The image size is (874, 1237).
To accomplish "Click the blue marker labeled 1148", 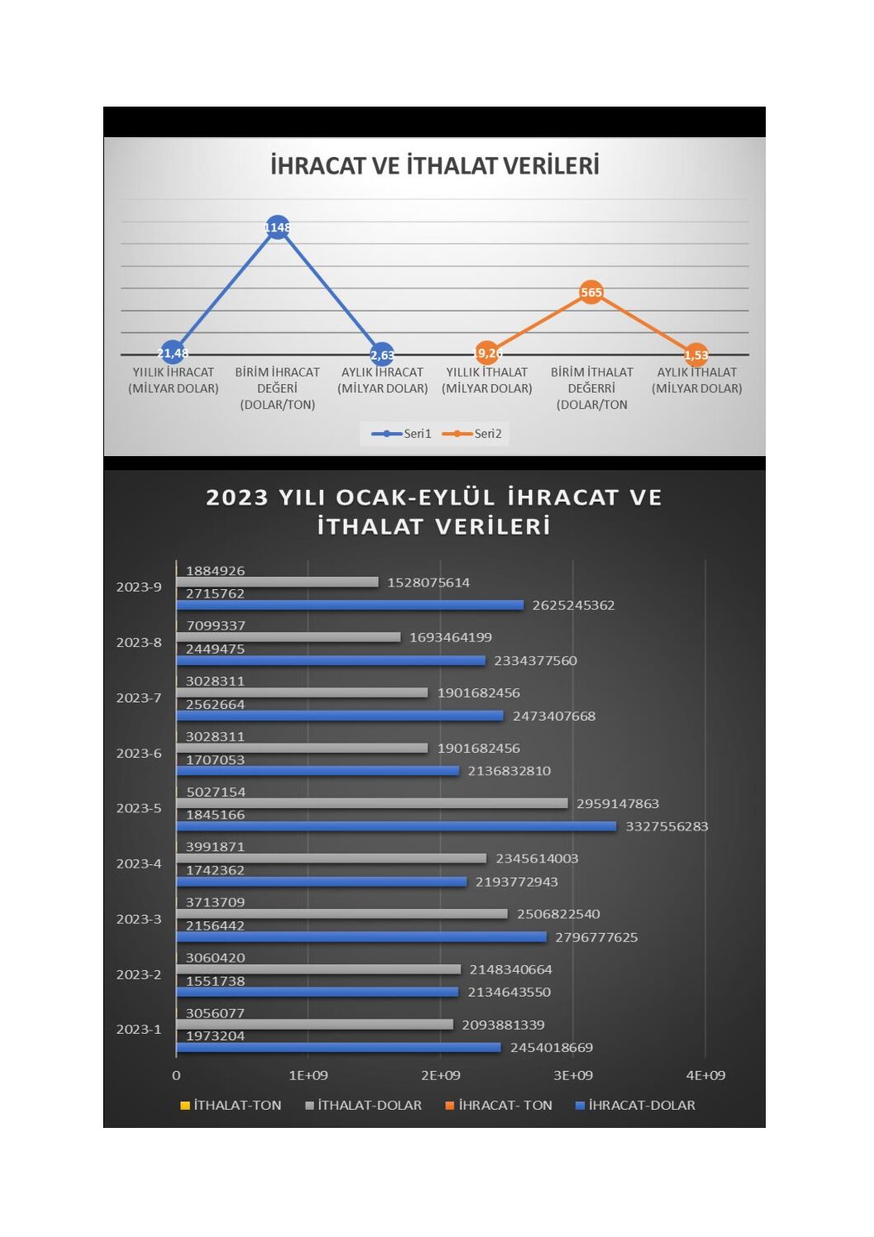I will [x=278, y=227].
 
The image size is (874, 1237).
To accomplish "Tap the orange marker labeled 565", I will [x=591, y=292].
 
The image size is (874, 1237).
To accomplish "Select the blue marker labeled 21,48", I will [x=173, y=353].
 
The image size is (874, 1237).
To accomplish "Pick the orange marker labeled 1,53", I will [x=696, y=355].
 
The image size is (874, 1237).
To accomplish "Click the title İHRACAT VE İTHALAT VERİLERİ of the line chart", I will [x=435, y=166].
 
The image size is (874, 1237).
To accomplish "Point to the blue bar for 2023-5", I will [x=397, y=826].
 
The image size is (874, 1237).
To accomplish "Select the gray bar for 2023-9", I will [x=278, y=583].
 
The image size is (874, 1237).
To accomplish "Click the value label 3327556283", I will [x=667, y=826].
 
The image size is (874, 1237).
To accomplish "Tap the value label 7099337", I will [x=216, y=626].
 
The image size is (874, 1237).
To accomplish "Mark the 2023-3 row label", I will [x=139, y=919].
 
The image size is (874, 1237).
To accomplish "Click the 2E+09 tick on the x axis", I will [x=440, y=1075].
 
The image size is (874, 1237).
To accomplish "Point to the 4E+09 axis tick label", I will [x=705, y=1075].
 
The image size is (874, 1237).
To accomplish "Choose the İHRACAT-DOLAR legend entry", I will [x=636, y=1106].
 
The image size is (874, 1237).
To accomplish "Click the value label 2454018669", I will [x=551, y=1048].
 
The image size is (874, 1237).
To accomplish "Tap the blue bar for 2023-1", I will [x=339, y=1048].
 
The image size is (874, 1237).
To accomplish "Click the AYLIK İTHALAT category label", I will [x=696, y=380].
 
